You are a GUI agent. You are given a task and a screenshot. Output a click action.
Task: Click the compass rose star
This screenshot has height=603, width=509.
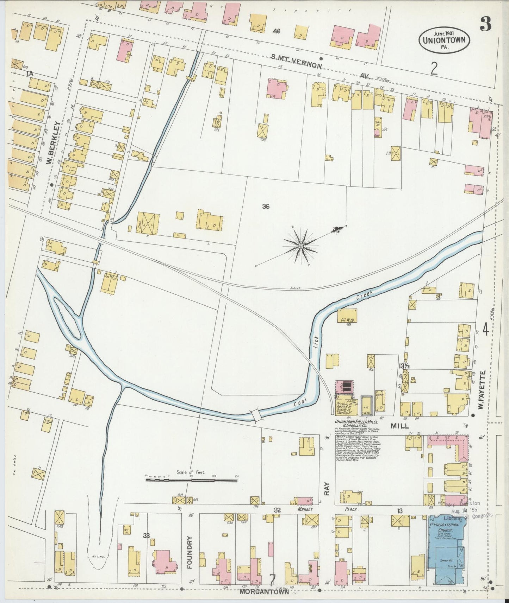(x=301, y=246)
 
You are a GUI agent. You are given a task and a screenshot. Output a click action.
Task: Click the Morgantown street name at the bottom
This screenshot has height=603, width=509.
(x=264, y=592)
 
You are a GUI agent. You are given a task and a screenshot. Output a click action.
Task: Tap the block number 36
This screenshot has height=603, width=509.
(x=266, y=207)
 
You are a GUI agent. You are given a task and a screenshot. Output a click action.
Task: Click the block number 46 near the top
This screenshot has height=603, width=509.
(x=276, y=31)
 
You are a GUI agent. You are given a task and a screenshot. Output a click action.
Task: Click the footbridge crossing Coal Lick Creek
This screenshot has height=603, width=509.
(x=256, y=415)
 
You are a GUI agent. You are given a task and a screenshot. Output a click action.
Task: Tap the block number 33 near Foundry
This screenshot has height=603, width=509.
(x=147, y=535)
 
